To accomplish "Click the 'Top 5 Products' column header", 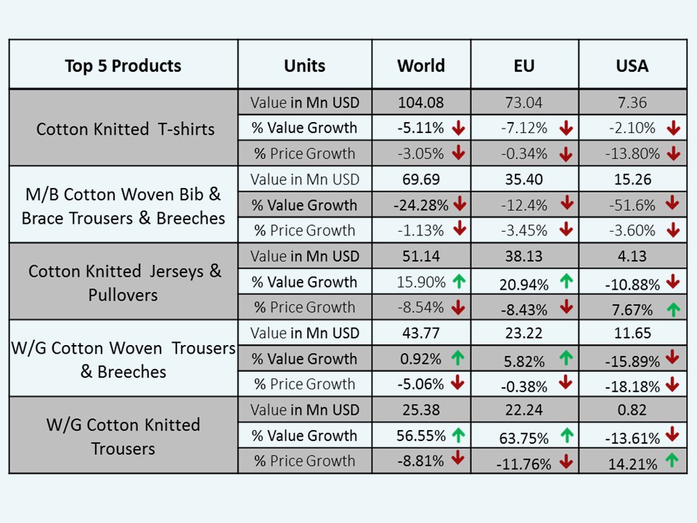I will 123,65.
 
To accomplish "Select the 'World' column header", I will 421,65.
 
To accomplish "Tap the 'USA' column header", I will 632,65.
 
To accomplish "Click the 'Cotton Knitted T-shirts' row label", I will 126,129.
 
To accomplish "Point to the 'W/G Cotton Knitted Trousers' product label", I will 123,437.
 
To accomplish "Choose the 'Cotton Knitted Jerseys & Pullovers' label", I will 125,283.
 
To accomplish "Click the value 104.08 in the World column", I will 421,102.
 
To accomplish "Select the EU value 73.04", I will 523,102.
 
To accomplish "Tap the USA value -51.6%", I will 627,206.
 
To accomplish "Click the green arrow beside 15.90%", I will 458,281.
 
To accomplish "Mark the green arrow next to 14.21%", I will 673,461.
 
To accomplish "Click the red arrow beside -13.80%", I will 673,153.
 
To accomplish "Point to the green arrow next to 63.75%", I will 566,437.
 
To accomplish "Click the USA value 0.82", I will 632,410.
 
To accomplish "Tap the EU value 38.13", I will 523,256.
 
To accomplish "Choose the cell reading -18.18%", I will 632,386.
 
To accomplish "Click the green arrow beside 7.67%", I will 673,309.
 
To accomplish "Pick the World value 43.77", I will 421,333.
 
